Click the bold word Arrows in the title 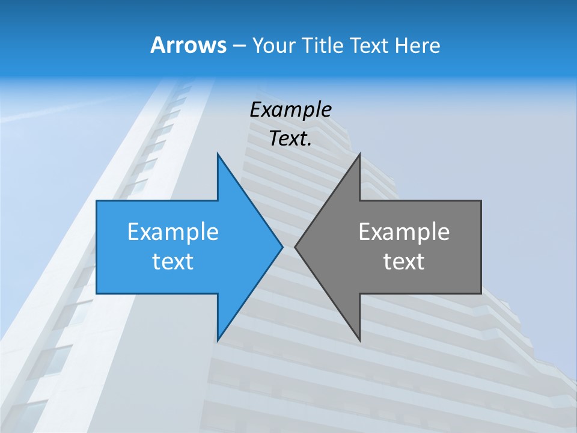coord(188,45)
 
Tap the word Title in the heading coord(322,45)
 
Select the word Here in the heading coord(417,45)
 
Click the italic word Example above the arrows coord(290,109)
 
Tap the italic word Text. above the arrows coord(290,139)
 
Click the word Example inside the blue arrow coord(173,232)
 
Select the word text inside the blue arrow coord(173,262)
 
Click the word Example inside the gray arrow coord(404,232)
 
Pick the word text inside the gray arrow coord(404,262)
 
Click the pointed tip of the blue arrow coord(282,247)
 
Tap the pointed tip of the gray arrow coord(295,247)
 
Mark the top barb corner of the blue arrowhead coord(218,153)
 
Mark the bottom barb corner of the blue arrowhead coord(218,340)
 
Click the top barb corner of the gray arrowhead coord(359,153)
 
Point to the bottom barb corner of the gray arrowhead coord(359,340)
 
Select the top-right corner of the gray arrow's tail coord(481,201)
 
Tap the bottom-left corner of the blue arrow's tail coord(97,293)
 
